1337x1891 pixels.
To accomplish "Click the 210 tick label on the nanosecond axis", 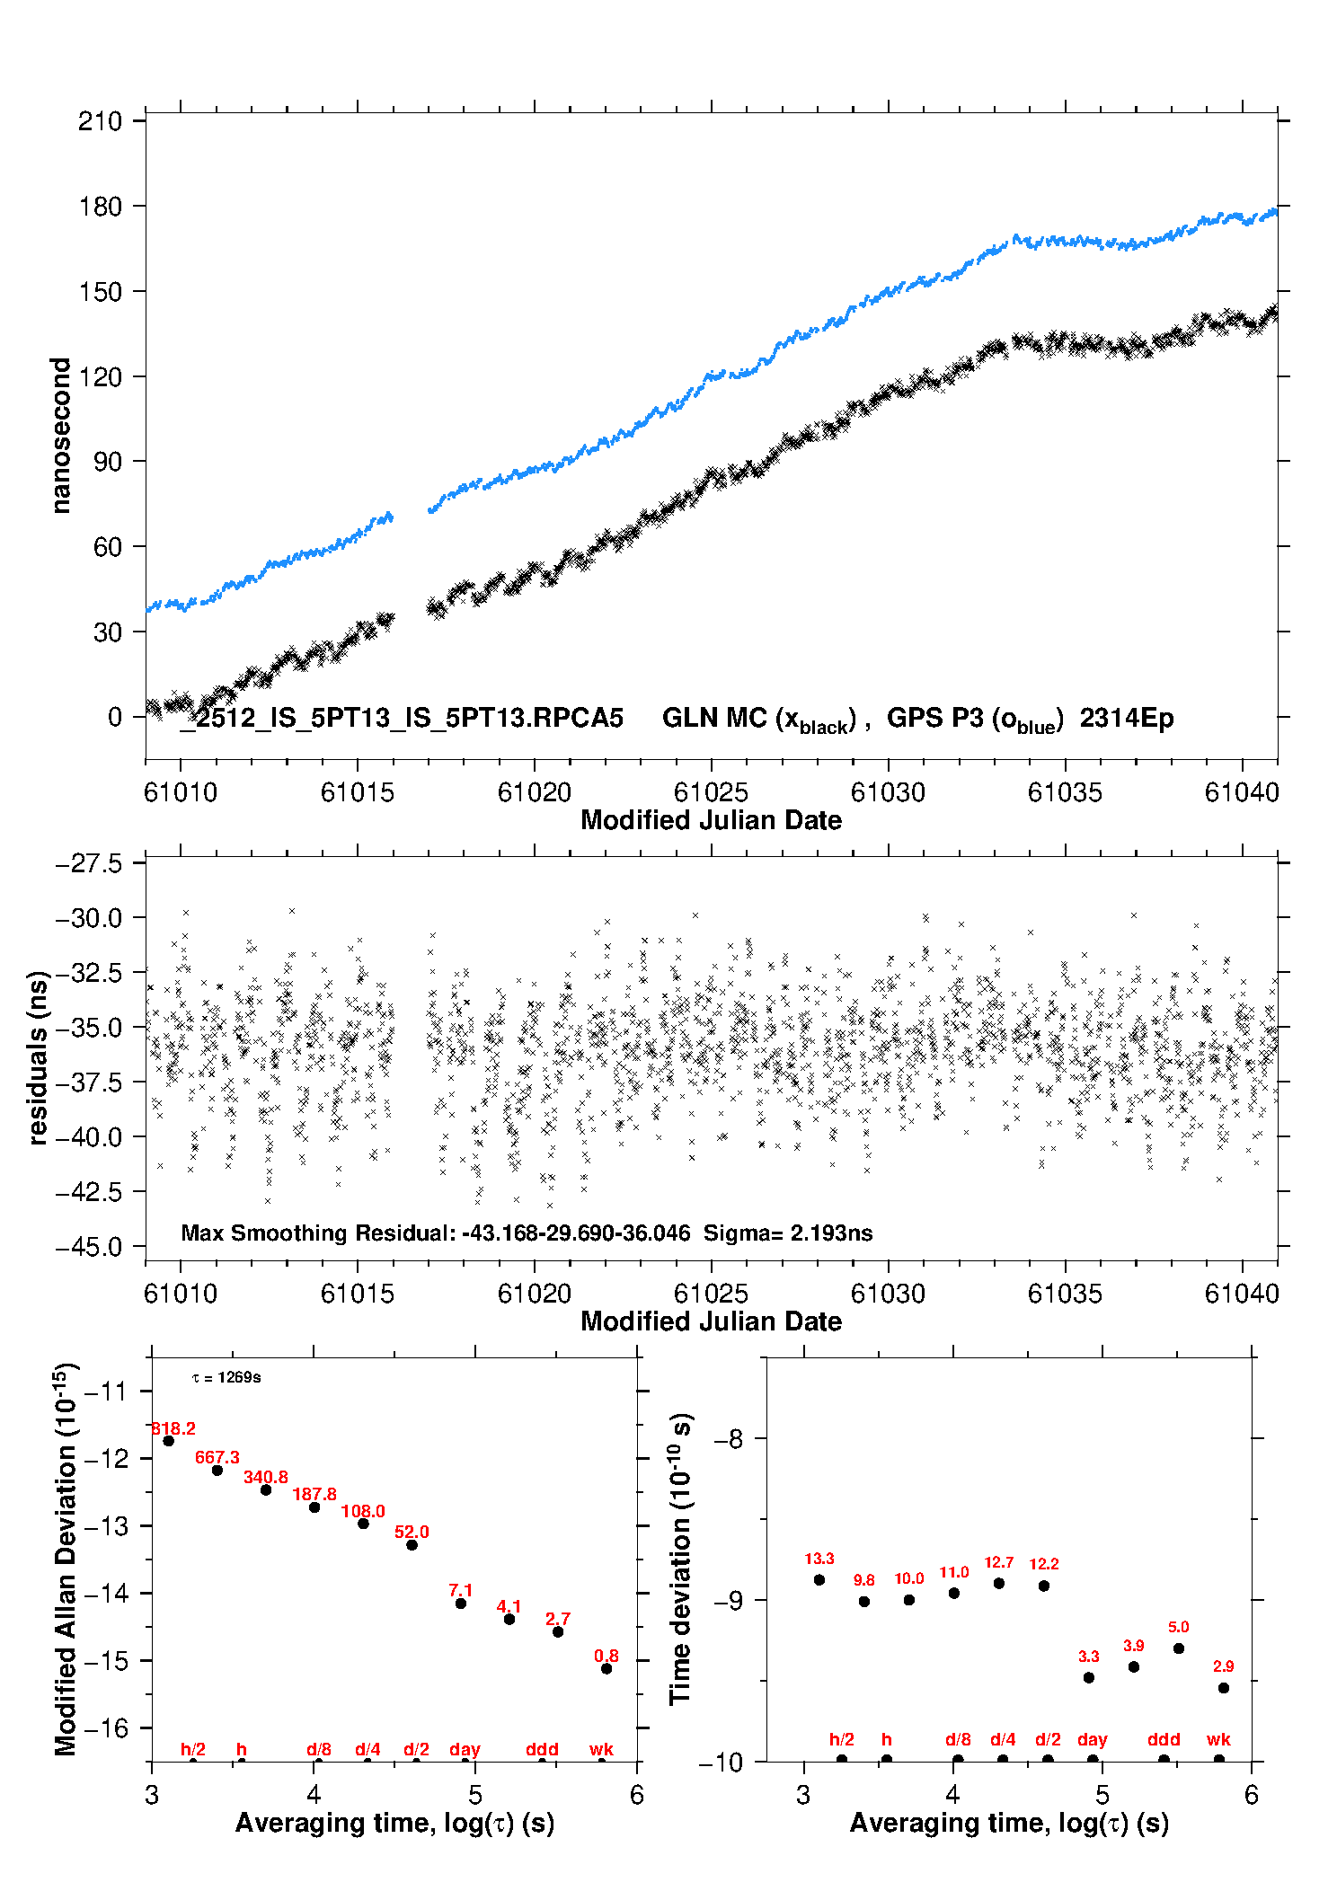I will (100, 121).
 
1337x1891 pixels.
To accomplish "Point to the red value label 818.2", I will (173, 1428).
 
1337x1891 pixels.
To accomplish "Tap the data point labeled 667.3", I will (217, 1471).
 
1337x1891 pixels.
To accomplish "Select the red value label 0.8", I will (607, 1656).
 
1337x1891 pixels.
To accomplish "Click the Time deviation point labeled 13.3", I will (819, 1580).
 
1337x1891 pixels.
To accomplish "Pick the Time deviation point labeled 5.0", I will (1179, 1648).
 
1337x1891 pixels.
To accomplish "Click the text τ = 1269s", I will (226, 1378).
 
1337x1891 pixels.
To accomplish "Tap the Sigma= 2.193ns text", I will (787, 1233).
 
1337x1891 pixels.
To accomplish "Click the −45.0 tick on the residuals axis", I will (89, 1247).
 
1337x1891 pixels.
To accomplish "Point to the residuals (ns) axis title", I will (38, 1057).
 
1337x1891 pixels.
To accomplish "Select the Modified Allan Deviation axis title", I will (66, 1559).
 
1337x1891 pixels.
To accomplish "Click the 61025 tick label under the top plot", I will (711, 792).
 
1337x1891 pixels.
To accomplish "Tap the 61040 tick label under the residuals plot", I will (1242, 1294).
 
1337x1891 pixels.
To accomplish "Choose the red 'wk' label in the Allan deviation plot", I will (601, 1749).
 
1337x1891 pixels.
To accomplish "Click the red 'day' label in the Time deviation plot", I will (1093, 1740).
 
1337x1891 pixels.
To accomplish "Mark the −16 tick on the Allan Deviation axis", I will (106, 1728).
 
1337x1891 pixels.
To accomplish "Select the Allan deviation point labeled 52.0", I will (412, 1545).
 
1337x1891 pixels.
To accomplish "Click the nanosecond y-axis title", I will (60, 435).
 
